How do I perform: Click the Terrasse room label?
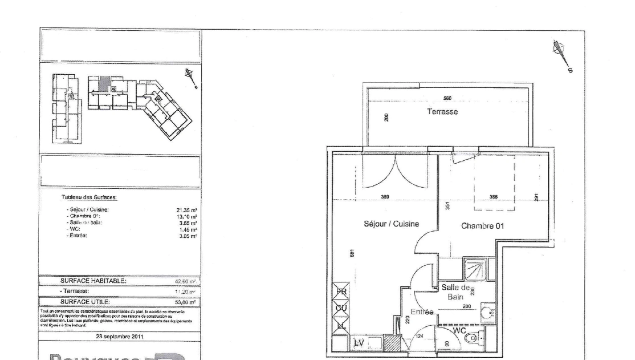(x=442, y=112)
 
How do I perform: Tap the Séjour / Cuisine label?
(x=391, y=224)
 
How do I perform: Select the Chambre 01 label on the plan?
(x=482, y=226)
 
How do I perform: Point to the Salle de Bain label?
(x=455, y=292)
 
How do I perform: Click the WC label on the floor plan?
(x=459, y=331)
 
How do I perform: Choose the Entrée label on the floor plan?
(x=422, y=312)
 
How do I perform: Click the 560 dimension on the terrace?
(x=447, y=98)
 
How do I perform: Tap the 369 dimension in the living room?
(x=385, y=197)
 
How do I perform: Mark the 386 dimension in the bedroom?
(x=493, y=197)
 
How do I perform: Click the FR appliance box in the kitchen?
(x=341, y=291)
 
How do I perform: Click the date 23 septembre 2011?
(x=119, y=336)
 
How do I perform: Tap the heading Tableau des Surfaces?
(x=89, y=197)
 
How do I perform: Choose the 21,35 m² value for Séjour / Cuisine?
(x=187, y=210)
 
